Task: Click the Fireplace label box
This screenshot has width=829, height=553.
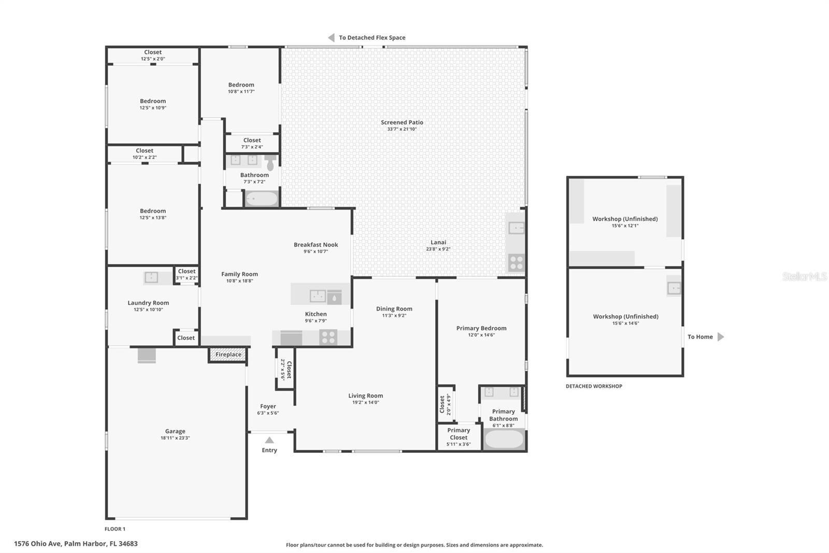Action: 228,355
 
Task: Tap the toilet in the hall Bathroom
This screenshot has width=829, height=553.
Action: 270,163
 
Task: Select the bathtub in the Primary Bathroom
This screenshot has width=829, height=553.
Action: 504,439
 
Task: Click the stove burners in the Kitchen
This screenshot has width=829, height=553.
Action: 328,337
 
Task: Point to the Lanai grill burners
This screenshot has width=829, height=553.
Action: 516,263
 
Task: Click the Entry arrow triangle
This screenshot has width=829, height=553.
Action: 269,440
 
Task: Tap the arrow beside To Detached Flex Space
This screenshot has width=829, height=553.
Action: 331,37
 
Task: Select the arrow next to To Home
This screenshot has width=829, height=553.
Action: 720,337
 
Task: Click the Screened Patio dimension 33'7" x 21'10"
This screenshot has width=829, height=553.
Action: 402,129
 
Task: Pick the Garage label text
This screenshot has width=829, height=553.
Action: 175,431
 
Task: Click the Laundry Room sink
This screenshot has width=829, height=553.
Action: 151,278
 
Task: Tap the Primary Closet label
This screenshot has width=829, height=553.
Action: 459,434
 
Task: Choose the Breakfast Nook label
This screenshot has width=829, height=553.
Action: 316,245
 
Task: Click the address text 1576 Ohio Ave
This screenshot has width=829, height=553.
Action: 38,544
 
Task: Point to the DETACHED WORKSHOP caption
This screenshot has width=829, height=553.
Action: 594,386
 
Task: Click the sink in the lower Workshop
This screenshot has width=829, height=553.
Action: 674,288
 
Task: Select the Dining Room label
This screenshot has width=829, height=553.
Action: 394,309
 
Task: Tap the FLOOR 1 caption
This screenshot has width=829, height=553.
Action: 115,529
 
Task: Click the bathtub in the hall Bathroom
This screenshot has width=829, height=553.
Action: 261,199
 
